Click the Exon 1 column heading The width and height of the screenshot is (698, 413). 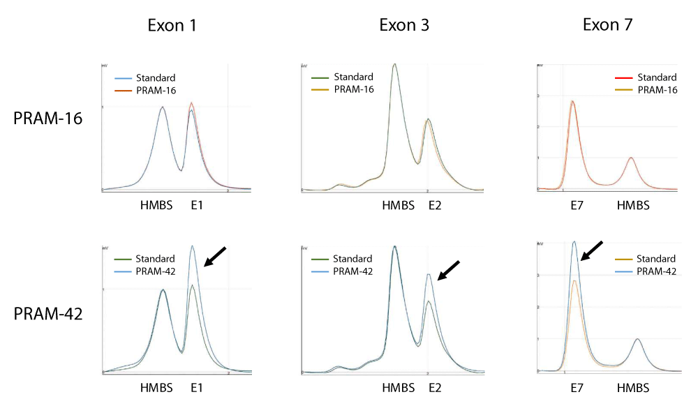click(x=172, y=26)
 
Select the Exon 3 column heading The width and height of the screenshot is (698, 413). click(x=404, y=26)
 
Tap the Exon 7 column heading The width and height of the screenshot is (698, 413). click(x=607, y=26)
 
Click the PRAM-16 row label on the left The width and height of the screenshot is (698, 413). click(x=48, y=118)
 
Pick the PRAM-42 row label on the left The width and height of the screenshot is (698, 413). click(x=48, y=314)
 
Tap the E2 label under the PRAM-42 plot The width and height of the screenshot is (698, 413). click(x=434, y=388)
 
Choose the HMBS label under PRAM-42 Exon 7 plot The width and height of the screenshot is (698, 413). click(x=633, y=388)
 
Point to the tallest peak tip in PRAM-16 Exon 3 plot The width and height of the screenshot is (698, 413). click(x=395, y=64)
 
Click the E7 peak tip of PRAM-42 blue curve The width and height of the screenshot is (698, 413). click(x=574, y=242)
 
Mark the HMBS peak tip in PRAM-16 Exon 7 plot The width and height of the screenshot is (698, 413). click(x=631, y=158)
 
